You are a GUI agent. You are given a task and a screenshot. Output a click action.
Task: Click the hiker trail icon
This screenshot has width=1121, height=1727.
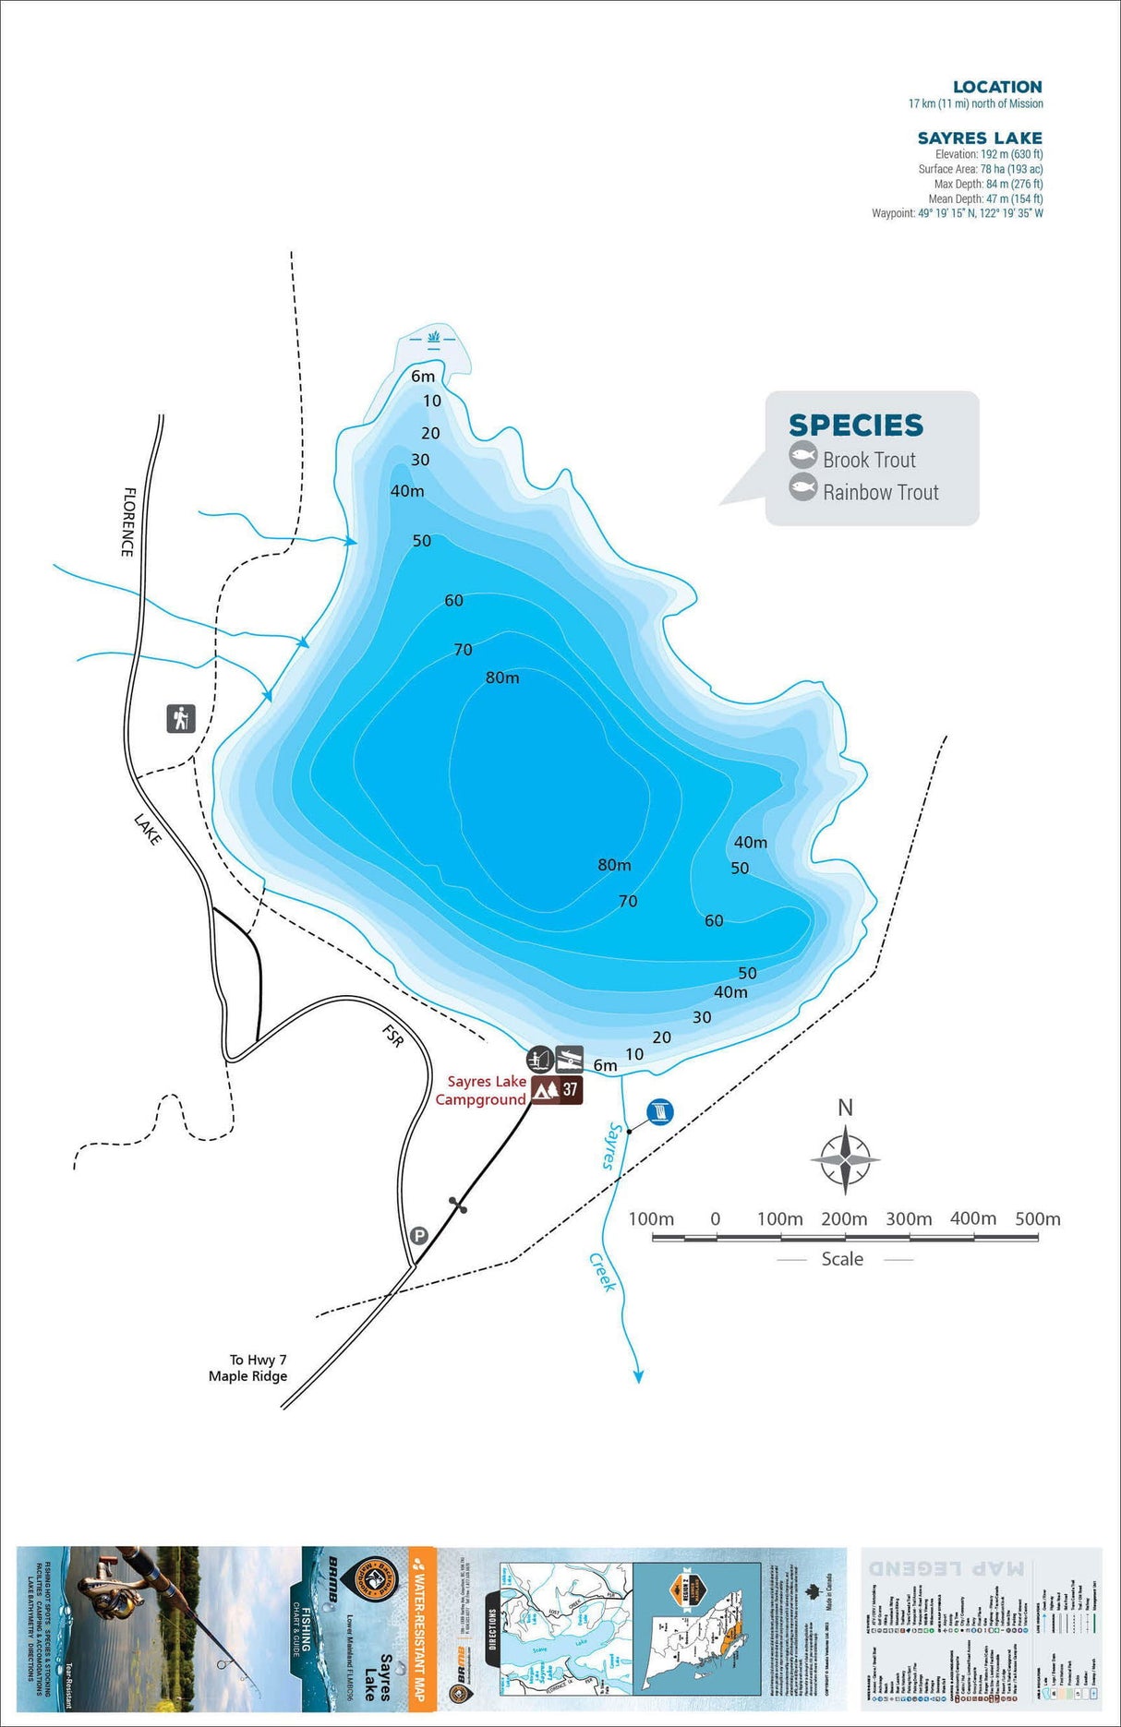[181, 718]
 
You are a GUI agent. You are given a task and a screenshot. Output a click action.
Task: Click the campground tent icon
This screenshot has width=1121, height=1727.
[546, 1090]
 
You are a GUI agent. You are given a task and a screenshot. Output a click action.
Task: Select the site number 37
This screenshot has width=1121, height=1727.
[571, 1090]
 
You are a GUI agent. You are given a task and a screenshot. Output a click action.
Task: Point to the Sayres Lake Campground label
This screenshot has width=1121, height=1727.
[482, 1090]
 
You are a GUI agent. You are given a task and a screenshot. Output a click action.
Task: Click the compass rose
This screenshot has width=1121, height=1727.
[845, 1159]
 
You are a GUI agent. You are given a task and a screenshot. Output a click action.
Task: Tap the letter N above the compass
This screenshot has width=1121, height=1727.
[845, 1108]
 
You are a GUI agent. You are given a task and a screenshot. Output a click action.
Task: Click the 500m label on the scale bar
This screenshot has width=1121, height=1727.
[1037, 1218]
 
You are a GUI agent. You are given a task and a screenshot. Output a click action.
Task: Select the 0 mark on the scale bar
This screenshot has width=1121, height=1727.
[715, 1218]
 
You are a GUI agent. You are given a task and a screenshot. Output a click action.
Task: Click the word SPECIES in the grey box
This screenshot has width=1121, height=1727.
[855, 426]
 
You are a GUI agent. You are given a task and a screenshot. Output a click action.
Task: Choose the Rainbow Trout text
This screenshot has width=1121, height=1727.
[880, 493]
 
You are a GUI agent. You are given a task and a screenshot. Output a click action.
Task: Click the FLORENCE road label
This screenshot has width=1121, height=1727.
[128, 522]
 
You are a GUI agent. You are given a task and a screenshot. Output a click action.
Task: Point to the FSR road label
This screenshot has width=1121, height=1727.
[393, 1035]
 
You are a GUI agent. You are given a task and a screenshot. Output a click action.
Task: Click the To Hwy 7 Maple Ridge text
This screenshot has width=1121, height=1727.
[248, 1368]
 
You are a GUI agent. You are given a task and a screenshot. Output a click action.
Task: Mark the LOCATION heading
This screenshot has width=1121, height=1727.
[997, 87]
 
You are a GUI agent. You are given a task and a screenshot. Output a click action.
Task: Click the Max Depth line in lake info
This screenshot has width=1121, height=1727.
[988, 184]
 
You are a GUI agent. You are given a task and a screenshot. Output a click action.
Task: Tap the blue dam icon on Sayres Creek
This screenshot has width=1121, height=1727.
[660, 1112]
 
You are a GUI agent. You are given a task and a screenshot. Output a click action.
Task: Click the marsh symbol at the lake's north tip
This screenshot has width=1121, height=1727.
[434, 336]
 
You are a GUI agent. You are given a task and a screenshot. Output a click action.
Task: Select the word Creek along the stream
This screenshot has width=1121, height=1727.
[602, 1272]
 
